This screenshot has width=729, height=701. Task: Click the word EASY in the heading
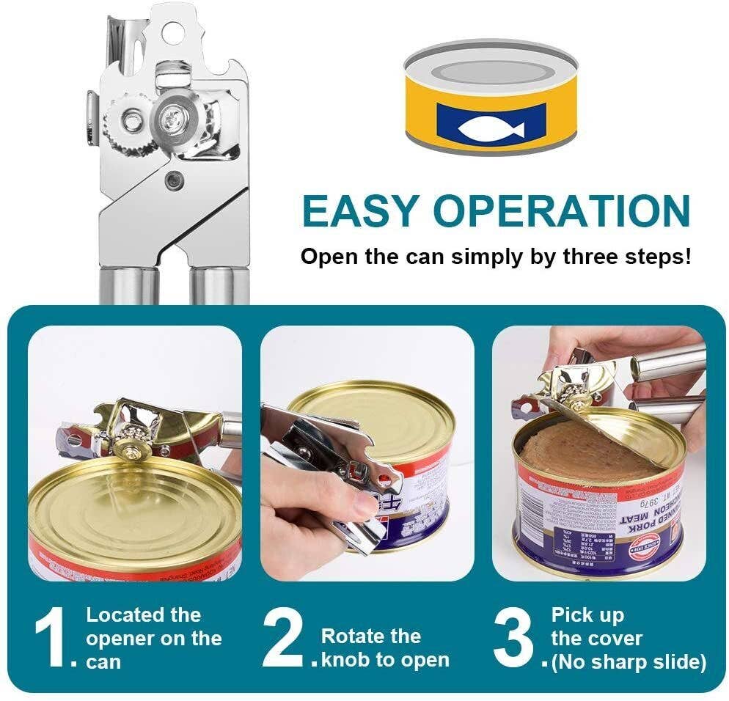[359, 211]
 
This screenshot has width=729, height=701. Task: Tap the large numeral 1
[54, 638]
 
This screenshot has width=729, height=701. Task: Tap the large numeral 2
[284, 638]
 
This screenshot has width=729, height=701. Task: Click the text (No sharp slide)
[629, 662]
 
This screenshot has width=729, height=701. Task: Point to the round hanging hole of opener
[171, 32]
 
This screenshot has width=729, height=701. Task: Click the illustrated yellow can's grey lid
[491, 70]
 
